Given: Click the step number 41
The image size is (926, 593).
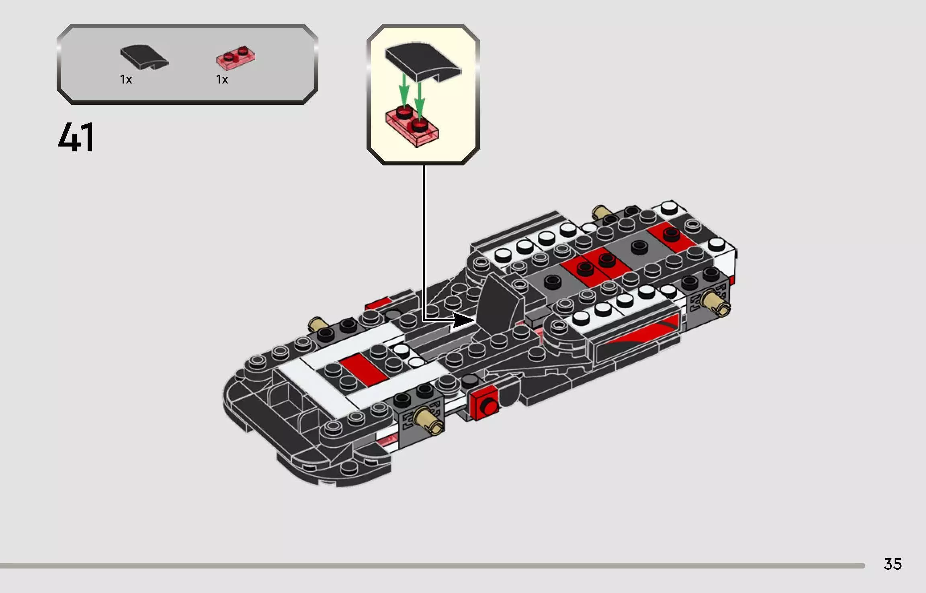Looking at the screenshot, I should pos(76,137).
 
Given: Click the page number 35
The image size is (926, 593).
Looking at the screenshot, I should pos(893,564).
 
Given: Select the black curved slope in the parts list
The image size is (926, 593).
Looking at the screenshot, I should pos(144,58).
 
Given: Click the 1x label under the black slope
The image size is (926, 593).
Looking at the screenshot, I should pos(126,79).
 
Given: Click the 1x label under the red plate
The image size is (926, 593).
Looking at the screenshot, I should pos(222,79).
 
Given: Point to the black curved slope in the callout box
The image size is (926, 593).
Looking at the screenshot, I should pos(422,62).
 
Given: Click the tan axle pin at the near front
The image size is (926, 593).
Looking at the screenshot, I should pos(428,421).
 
